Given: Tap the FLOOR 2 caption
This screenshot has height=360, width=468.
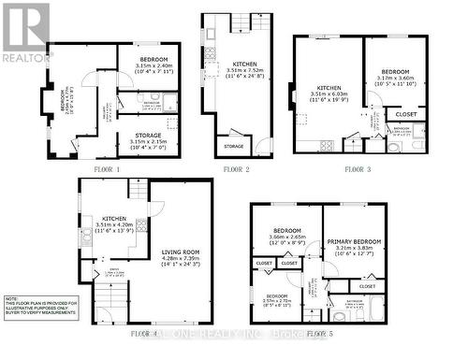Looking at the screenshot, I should pyautogui.click(x=237, y=169).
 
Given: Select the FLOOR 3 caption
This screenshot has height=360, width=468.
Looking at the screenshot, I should pyautogui.click(x=358, y=169).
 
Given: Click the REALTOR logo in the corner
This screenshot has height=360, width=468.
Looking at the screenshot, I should pyautogui.click(x=26, y=32).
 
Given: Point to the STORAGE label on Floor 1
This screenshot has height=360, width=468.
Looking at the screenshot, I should pyautogui.click(x=143, y=136).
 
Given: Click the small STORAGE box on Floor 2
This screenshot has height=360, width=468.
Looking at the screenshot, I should pyautogui.click(x=233, y=146).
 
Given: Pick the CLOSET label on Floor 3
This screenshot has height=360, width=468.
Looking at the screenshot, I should pyautogui.click(x=406, y=114).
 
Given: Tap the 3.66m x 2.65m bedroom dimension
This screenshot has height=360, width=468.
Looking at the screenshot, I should pyautogui.click(x=286, y=238).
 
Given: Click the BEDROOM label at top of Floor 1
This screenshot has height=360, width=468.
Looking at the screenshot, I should pyautogui.click(x=152, y=59).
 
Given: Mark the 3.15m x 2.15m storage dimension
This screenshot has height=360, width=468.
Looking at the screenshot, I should pyautogui.click(x=143, y=143).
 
